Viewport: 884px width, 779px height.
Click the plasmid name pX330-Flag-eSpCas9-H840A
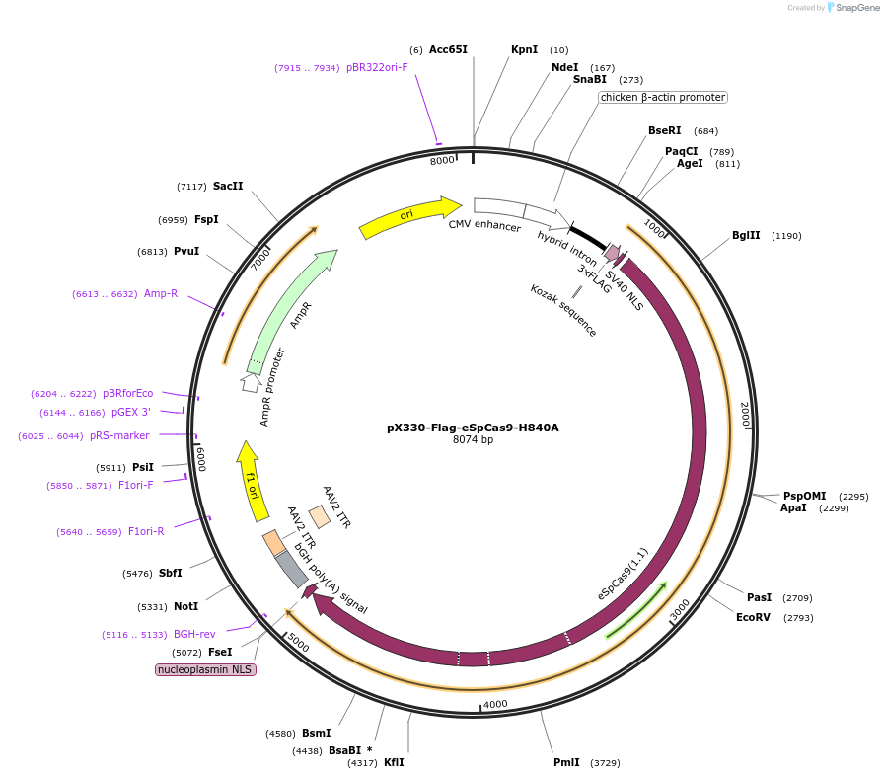click(x=473, y=428)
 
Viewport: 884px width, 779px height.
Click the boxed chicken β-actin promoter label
click(x=663, y=97)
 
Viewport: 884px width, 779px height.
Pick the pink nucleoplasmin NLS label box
click(x=205, y=669)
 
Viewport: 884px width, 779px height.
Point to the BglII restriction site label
click(x=746, y=236)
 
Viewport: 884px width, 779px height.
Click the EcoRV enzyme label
click(x=753, y=618)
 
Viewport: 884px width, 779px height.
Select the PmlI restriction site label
click(x=566, y=762)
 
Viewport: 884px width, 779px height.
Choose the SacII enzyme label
click(x=228, y=186)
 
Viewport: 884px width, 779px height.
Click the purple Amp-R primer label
click(x=161, y=293)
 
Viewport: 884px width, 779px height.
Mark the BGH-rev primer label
click(x=194, y=634)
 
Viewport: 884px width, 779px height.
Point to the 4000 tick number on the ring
click(x=495, y=704)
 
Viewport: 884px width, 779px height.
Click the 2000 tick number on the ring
click(x=745, y=414)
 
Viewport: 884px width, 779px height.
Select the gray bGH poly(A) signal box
click(x=291, y=568)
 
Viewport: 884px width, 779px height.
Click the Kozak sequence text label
click(x=563, y=310)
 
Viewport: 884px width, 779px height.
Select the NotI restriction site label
click(x=186, y=606)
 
